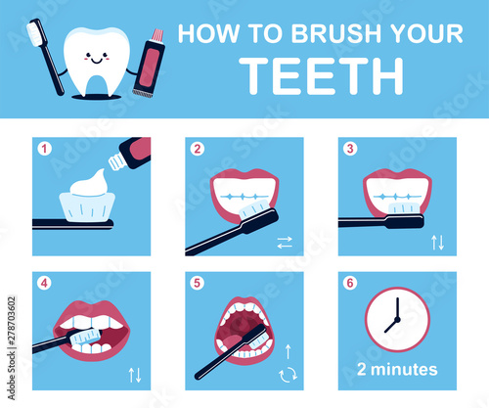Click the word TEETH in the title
[x=322, y=76]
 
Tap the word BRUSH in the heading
[x=337, y=33]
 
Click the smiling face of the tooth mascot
[x=96, y=58]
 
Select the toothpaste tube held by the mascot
[x=149, y=63]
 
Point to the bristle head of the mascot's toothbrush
[x=34, y=32]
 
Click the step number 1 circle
[x=44, y=149]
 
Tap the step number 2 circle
[x=198, y=149]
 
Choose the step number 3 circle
[x=350, y=149]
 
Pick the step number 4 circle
[x=44, y=283]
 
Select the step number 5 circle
[x=198, y=283]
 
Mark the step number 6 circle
[x=350, y=283]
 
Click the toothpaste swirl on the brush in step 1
[x=89, y=184]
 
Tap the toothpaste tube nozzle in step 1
[x=116, y=162]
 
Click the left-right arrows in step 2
[x=285, y=243]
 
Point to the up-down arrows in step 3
[x=437, y=243]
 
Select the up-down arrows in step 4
[x=135, y=375]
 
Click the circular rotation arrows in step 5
[x=289, y=375]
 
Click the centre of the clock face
[x=397, y=319]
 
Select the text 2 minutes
[x=397, y=370]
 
